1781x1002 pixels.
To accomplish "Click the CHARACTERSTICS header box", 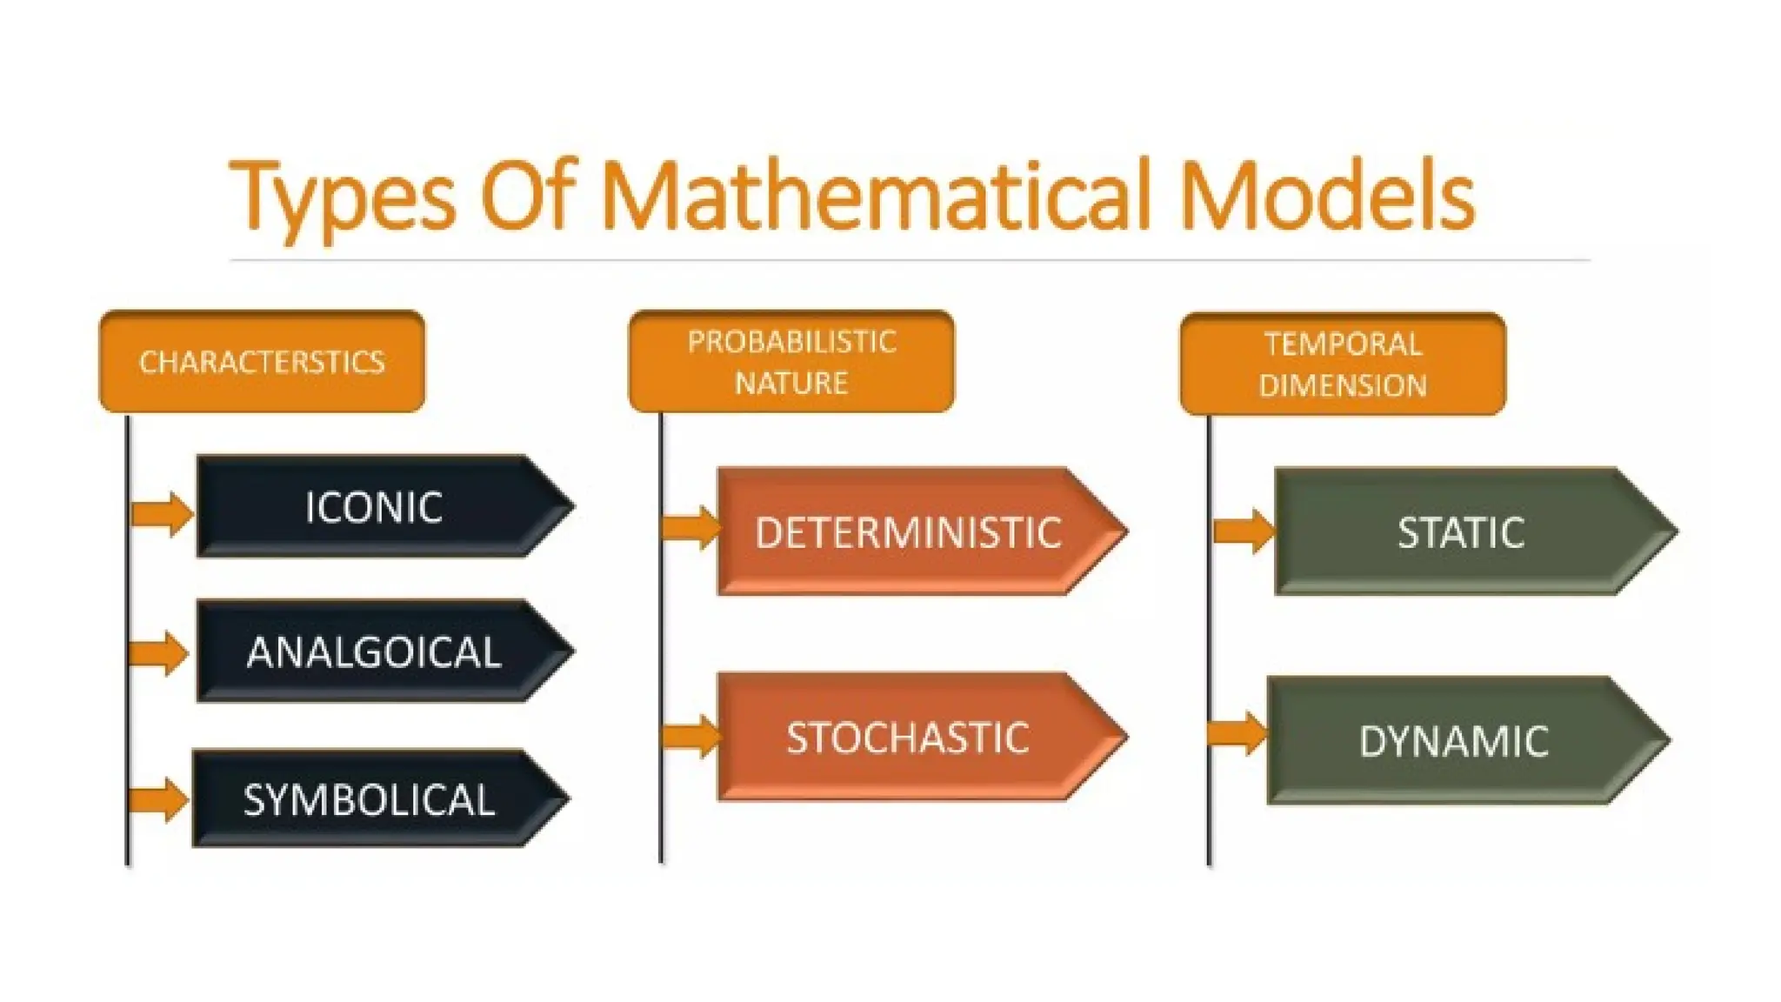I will pos(262,361).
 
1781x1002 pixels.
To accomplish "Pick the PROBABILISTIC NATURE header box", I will pos(791,361).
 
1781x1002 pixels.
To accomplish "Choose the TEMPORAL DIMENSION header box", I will pos(1343,364).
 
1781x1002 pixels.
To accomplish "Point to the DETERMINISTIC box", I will pos(909,531).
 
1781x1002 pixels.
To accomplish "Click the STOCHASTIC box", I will pos(909,737).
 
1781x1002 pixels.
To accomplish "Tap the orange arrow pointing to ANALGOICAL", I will pos(159,653).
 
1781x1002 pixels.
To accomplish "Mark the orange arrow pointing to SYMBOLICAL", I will pos(159,800).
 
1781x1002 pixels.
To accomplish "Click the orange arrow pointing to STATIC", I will pos(1244,531).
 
